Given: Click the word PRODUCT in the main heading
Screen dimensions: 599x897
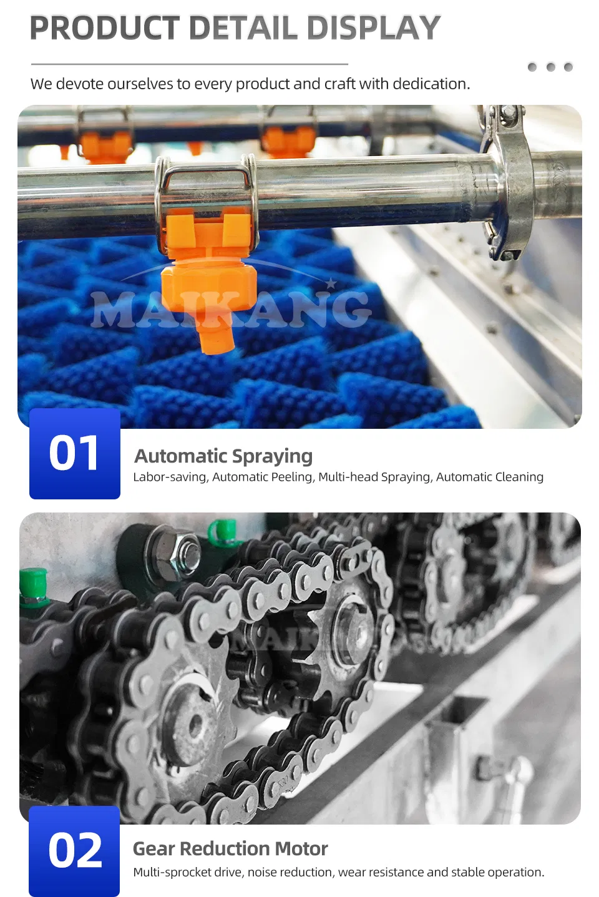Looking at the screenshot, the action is [105, 28].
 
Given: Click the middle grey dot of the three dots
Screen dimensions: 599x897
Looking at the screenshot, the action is [550, 67].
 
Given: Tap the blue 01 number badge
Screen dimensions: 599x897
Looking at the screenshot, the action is [75, 454].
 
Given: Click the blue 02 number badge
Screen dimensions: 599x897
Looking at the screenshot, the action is [74, 851].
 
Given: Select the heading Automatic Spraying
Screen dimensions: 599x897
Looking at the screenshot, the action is [223, 456].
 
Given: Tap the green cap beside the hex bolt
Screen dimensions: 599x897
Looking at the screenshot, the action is [223, 530].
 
